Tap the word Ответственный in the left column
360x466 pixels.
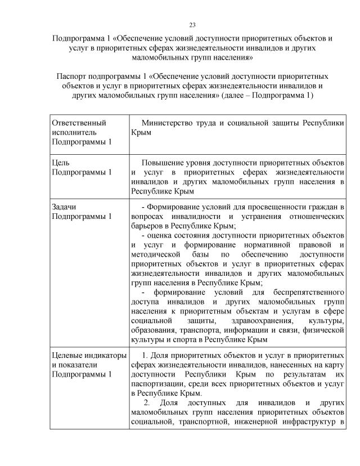79,123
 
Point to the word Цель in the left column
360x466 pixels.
60,163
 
